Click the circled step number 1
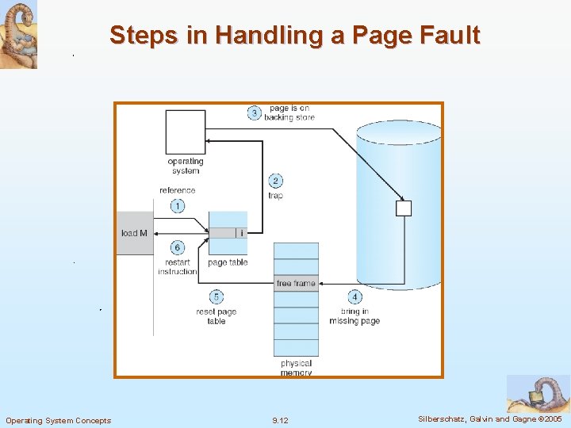[177, 206]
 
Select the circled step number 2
[275, 181]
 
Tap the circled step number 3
[254, 113]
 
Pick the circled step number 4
[354, 297]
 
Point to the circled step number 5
[217, 297]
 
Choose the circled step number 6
[177, 248]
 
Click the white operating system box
[186, 132]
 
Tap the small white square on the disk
[404, 208]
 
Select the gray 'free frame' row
[296, 284]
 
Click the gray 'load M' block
[135, 233]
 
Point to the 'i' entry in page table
[241, 233]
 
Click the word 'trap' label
[275, 196]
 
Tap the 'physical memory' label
[296, 368]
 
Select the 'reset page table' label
[217, 316]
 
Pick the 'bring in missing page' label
[354, 316]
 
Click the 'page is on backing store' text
[289, 113]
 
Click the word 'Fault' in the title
[447, 36]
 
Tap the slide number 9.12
[280, 420]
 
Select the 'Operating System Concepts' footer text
[59, 420]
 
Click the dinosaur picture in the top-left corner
[18, 34]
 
